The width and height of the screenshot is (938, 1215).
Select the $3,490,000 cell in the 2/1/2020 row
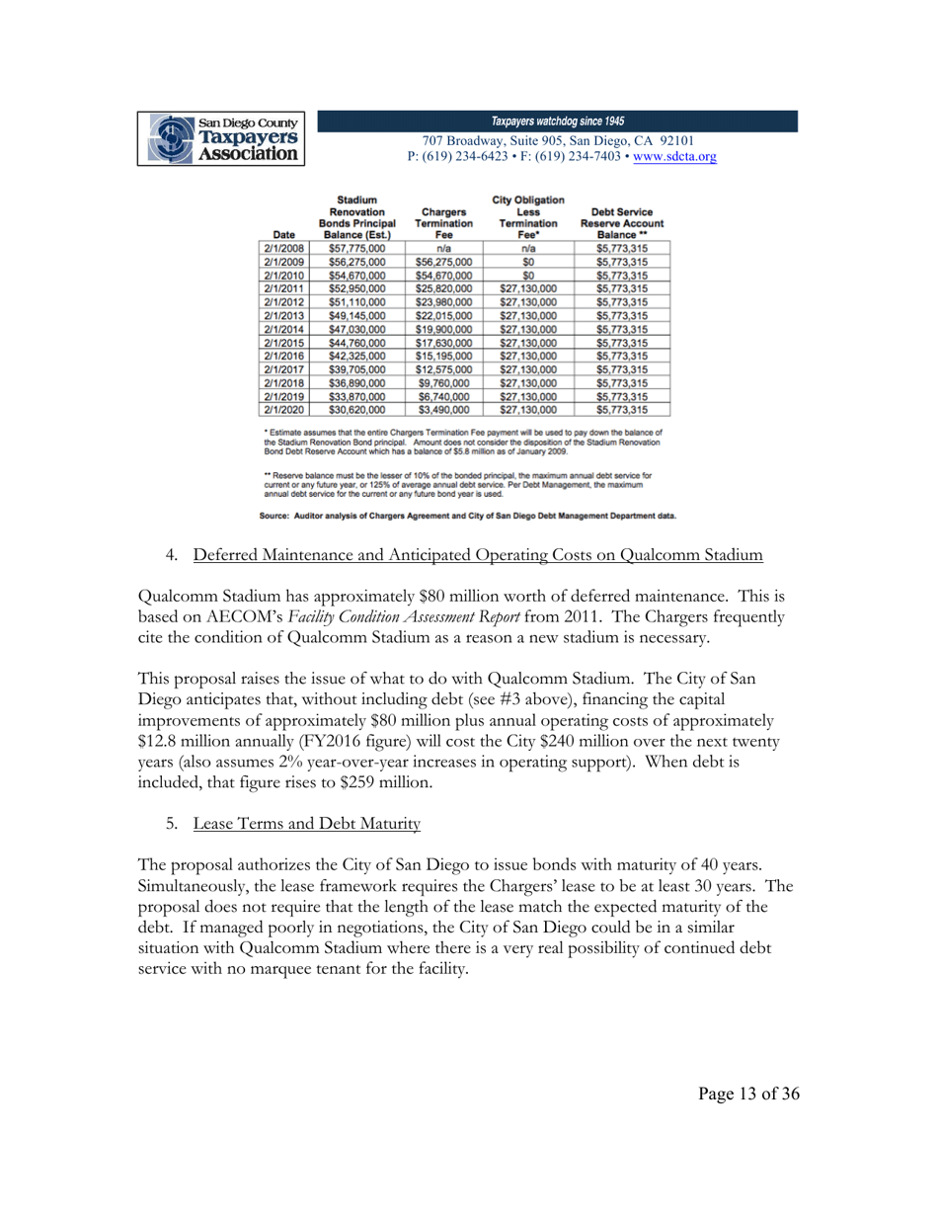(x=443, y=406)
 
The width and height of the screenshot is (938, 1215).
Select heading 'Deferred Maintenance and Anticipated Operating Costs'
(x=478, y=555)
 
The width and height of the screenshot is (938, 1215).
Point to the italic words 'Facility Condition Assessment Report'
(x=424, y=617)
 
